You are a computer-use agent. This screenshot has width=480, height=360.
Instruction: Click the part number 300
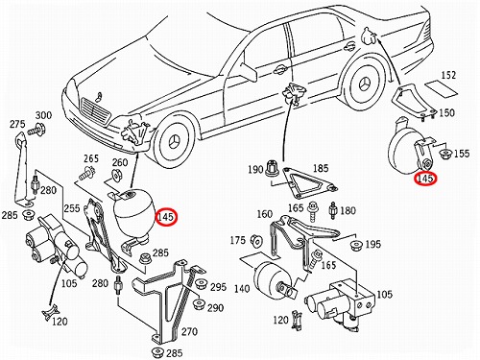point(43,115)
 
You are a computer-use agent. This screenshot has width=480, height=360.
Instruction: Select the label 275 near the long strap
point(17,124)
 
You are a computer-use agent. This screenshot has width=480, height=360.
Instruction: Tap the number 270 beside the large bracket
point(189,331)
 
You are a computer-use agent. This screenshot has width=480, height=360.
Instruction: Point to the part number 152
point(448,75)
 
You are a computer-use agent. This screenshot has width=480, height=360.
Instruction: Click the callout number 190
point(255,169)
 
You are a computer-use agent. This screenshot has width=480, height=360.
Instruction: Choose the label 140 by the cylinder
point(242,289)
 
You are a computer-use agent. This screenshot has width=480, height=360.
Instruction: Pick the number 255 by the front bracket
point(72,208)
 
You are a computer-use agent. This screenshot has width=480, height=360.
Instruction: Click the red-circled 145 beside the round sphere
point(166,217)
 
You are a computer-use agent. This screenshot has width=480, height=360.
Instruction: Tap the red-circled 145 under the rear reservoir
point(425,179)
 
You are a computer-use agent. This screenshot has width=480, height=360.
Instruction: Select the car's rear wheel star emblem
point(367,84)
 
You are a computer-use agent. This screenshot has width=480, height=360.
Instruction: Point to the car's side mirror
point(250,72)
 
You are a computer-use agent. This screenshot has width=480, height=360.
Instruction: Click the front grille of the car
point(95,110)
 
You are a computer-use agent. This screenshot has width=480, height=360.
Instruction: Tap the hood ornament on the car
point(100,96)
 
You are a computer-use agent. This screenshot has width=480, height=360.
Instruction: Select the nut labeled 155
point(444,154)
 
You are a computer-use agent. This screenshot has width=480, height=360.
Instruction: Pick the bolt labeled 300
point(36,130)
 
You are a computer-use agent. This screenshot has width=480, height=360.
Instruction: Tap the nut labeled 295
point(202,283)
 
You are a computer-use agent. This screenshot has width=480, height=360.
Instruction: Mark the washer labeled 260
point(116,176)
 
